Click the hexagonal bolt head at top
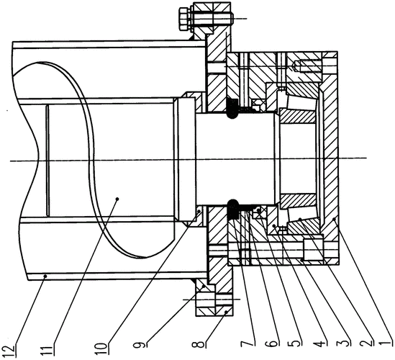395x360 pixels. click(184, 19)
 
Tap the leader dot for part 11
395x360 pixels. click(117, 199)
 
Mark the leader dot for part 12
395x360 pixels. click(45, 276)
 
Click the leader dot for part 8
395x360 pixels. click(226, 312)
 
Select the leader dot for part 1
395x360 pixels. click(334, 219)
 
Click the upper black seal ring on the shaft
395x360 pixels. click(233, 108)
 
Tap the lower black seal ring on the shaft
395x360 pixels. click(233, 209)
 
